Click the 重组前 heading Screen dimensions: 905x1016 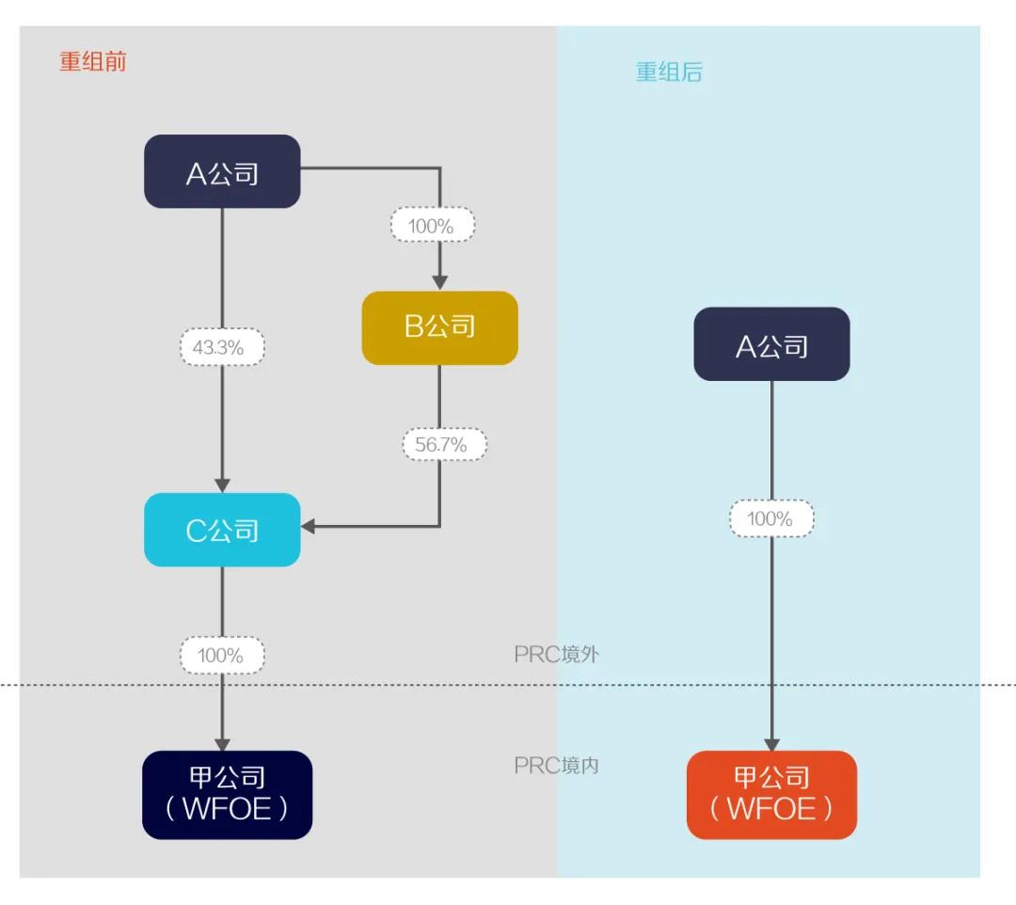point(92,62)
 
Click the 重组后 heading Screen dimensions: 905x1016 point(669,72)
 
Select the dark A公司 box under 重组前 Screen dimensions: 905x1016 point(222,172)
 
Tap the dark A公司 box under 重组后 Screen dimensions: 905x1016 point(771,345)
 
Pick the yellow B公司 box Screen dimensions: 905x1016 point(439,328)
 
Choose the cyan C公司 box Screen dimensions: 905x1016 point(222,531)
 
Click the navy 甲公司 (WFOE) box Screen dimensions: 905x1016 point(227,795)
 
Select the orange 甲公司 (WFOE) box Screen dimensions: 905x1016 point(771,795)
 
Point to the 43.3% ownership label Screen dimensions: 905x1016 point(222,348)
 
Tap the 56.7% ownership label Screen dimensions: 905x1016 point(444,445)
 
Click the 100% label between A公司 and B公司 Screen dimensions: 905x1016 point(433,226)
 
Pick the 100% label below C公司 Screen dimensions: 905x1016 point(222,656)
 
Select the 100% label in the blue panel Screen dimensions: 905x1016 point(771,519)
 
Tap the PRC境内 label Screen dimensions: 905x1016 point(556,766)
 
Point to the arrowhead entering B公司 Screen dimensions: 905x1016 point(439,281)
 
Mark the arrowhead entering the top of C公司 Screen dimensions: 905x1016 point(222,484)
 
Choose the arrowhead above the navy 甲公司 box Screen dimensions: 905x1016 point(222,742)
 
